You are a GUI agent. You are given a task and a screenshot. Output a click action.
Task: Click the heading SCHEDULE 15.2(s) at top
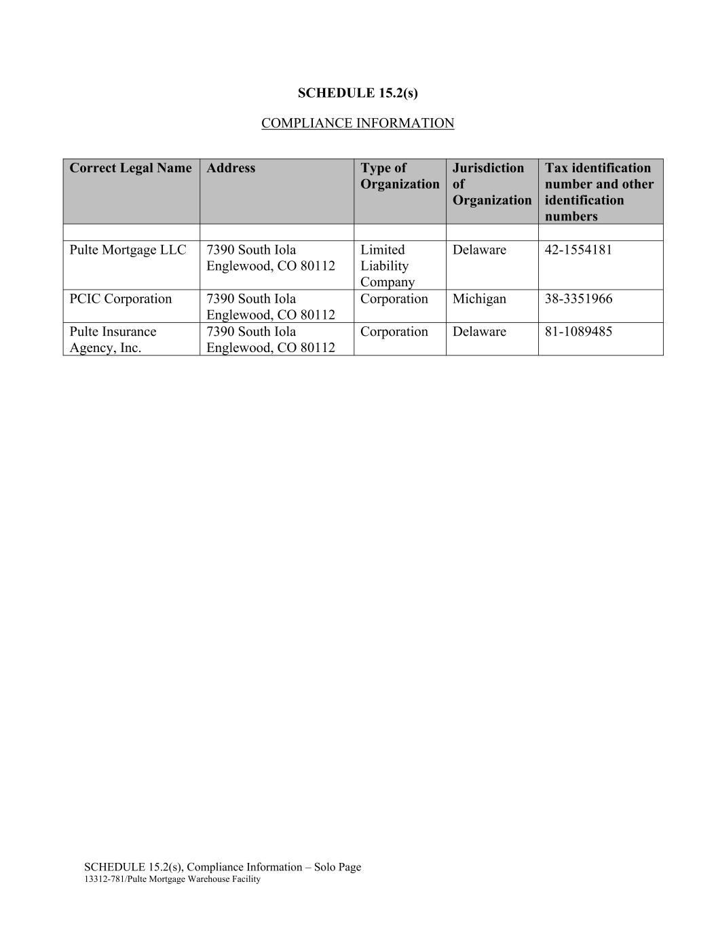tap(358, 93)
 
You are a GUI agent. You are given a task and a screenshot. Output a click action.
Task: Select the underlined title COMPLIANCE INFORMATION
tap(358, 123)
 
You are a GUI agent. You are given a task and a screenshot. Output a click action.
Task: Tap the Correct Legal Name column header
tap(130, 168)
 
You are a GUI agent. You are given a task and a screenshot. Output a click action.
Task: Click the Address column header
tap(231, 168)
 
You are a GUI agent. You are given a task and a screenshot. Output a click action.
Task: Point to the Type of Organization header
tap(399, 176)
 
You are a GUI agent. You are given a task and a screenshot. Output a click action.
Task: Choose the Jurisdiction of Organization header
tap(491, 184)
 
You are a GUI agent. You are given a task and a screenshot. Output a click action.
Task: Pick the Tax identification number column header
tap(599, 192)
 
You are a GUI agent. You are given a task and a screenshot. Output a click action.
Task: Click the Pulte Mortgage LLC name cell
tap(128, 250)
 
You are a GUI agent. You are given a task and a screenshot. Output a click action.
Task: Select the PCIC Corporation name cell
tap(121, 299)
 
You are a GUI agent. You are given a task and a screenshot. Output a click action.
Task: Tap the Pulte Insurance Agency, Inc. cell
tap(113, 340)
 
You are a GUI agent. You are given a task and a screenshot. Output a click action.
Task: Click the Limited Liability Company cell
tap(387, 266)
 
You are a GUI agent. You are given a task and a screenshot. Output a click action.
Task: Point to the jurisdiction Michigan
tap(479, 299)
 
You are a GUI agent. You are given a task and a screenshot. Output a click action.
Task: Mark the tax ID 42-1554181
tap(578, 250)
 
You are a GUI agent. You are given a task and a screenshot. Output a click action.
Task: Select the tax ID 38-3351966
tap(578, 299)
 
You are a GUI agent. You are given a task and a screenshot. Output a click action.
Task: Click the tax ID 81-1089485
tap(578, 332)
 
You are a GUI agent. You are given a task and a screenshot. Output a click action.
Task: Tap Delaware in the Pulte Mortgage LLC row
tap(479, 250)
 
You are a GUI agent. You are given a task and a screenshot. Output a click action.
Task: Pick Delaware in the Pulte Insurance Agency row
tap(479, 332)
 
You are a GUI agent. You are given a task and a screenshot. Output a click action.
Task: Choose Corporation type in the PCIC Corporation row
tap(394, 299)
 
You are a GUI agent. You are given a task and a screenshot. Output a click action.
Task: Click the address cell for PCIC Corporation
tap(270, 307)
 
